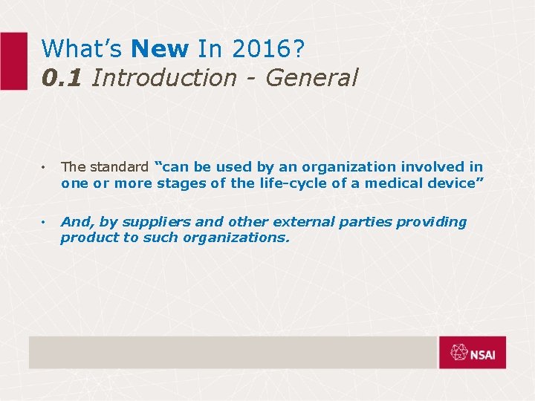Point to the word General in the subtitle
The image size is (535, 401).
click(x=314, y=76)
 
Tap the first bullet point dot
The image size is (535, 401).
click(x=45, y=168)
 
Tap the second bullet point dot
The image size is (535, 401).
click(x=45, y=223)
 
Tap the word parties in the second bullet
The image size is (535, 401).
click(x=360, y=222)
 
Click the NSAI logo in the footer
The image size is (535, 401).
click(x=473, y=352)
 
